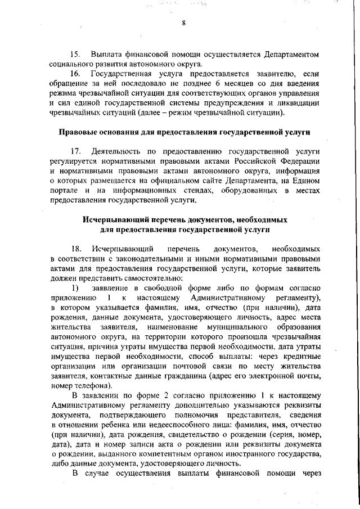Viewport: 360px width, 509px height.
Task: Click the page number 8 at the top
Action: point(184,22)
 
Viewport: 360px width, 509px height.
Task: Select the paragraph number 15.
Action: point(75,55)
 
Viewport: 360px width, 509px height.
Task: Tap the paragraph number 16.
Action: point(75,74)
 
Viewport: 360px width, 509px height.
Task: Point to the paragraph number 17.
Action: point(75,152)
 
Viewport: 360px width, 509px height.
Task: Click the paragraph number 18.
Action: point(75,249)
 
